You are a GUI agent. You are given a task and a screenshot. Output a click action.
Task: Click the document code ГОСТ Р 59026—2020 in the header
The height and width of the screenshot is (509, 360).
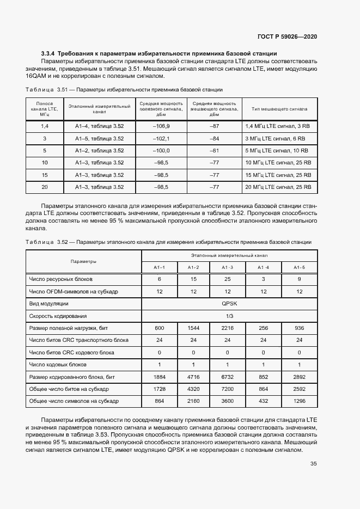287,36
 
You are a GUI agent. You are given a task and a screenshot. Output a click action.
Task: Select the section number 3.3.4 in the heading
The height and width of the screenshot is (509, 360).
48,53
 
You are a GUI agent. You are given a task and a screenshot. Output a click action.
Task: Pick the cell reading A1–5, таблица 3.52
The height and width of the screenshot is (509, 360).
100,138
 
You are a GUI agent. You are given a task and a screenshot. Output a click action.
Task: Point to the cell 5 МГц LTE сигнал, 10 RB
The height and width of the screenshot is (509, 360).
277,151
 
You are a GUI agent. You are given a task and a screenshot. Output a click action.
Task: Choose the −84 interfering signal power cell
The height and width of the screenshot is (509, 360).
214,138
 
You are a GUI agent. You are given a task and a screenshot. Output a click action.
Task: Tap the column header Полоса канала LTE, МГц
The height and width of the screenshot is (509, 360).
45,108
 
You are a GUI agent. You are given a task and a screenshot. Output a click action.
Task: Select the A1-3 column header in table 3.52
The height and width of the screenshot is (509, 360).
227,267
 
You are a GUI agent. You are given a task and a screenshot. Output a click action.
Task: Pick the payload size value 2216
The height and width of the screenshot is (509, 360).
227,328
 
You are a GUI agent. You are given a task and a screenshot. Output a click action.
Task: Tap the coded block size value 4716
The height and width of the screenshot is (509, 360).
193,377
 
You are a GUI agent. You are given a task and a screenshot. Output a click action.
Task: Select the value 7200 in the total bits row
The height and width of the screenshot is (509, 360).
227,389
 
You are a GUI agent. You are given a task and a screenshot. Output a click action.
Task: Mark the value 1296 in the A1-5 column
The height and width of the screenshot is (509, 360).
299,401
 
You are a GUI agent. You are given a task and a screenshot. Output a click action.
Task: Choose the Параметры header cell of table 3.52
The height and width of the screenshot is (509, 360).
83,261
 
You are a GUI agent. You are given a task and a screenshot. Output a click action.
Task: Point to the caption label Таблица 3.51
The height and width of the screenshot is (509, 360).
41,89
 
